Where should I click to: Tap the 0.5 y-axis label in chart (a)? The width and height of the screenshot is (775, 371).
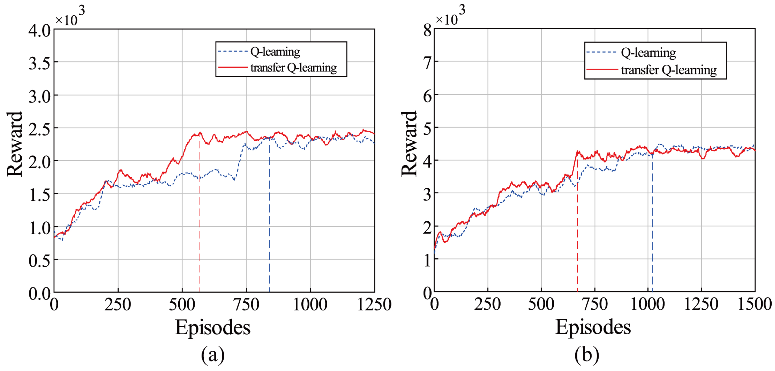[x=39, y=261]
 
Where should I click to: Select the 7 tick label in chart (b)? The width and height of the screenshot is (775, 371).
[x=427, y=63]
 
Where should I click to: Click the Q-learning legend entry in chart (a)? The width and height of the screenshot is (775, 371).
[x=275, y=52]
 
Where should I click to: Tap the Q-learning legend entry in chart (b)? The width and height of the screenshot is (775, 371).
[x=648, y=53]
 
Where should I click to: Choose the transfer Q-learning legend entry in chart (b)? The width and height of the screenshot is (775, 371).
[x=669, y=70]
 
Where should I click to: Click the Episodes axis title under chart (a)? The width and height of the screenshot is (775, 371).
[x=213, y=327]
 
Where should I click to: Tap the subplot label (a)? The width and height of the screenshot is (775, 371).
[x=213, y=354]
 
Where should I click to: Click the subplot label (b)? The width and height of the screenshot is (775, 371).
[x=587, y=354]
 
